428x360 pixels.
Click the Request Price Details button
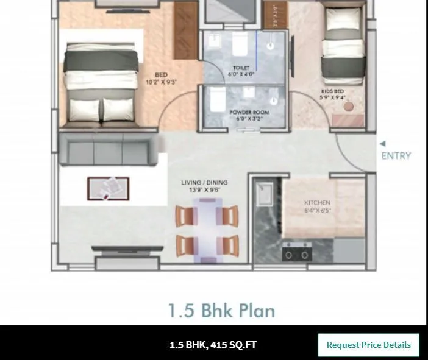pyautogui.click(x=368, y=345)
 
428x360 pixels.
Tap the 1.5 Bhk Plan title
pyautogui.click(x=221, y=311)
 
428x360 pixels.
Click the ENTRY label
pyautogui.click(x=396, y=155)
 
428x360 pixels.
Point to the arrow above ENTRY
pyautogui.click(x=382, y=144)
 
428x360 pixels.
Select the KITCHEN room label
pyautogui.click(x=317, y=203)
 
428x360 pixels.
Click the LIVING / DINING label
pyautogui.click(x=204, y=182)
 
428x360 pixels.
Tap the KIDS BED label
pyautogui.click(x=332, y=91)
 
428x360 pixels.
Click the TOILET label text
pyautogui.click(x=241, y=68)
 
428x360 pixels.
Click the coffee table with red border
pyautogui.click(x=108, y=188)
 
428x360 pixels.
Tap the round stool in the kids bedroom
pyautogui.click(x=349, y=106)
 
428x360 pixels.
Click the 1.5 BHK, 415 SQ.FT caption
pyautogui.click(x=213, y=345)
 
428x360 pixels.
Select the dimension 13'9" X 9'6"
pyautogui.click(x=204, y=190)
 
